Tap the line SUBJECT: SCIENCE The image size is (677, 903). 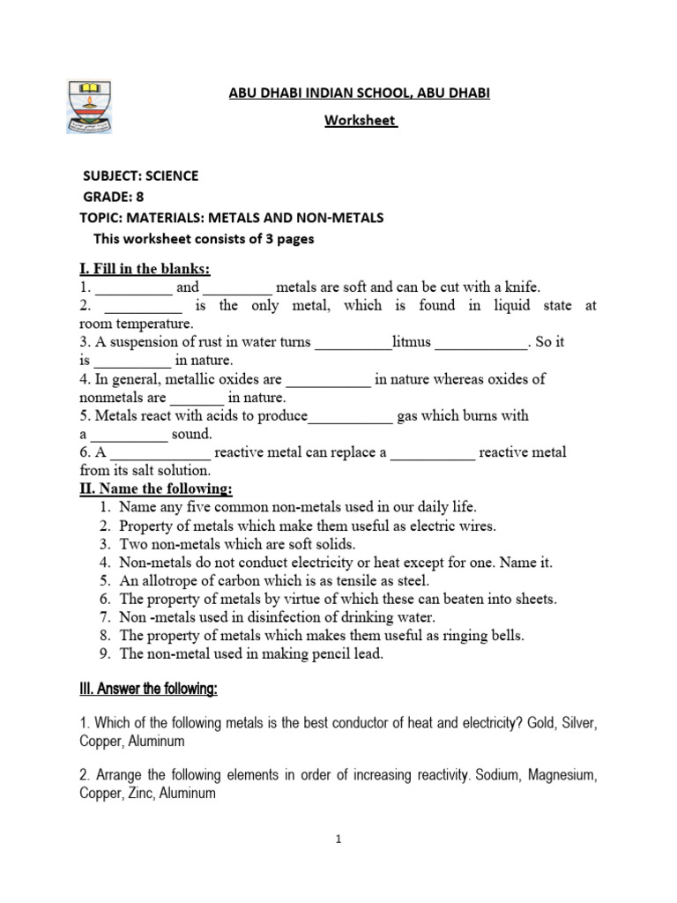click(140, 175)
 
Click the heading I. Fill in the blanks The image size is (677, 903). click(145, 268)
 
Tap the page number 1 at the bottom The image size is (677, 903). click(338, 840)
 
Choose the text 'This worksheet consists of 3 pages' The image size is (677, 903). click(203, 239)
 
